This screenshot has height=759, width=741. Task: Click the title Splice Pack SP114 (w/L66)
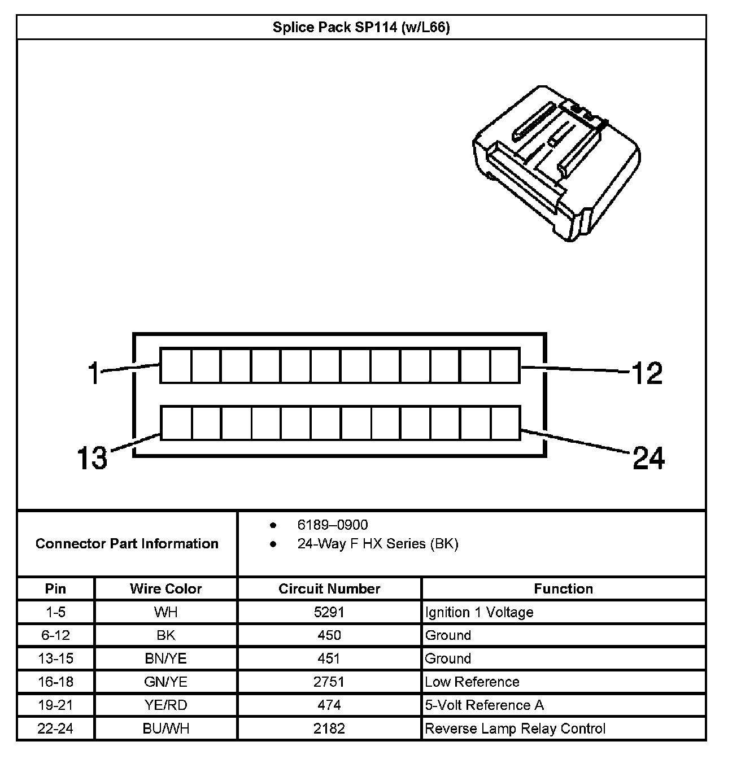(361, 28)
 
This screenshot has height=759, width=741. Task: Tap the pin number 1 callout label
(94, 373)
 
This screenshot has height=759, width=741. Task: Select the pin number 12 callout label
(647, 373)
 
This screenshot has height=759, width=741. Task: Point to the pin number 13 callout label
(91, 457)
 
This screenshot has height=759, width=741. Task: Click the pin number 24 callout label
(649, 457)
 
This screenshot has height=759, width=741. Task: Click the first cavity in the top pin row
(176, 365)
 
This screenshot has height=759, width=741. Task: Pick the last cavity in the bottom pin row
(505, 423)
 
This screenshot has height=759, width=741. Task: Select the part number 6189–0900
(332, 525)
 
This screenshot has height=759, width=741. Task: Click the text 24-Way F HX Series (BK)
(377, 544)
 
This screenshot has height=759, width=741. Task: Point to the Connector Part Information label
(127, 544)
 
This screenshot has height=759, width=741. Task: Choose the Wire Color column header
(166, 588)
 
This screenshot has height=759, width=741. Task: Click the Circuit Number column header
(329, 588)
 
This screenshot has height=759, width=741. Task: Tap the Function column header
(563, 588)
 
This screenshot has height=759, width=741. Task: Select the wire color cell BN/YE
(166, 658)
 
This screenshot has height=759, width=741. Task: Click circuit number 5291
(329, 612)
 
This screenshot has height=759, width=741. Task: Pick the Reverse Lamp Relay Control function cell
(515, 729)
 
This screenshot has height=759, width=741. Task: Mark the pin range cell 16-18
(55, 682)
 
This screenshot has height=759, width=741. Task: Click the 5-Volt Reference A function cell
(484, 705)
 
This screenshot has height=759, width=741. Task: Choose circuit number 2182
(329, 729)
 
